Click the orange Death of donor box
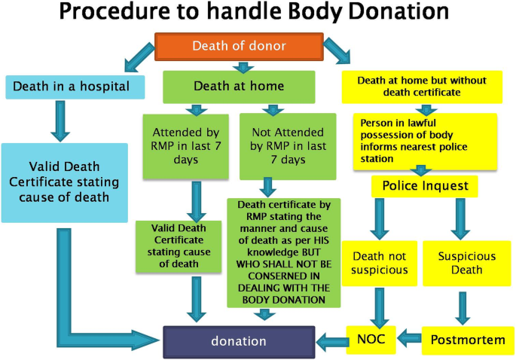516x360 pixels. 239,46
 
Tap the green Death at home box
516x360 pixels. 239,87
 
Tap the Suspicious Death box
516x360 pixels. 467,263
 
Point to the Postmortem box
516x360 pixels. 468,340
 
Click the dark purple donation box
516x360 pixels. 239,341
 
